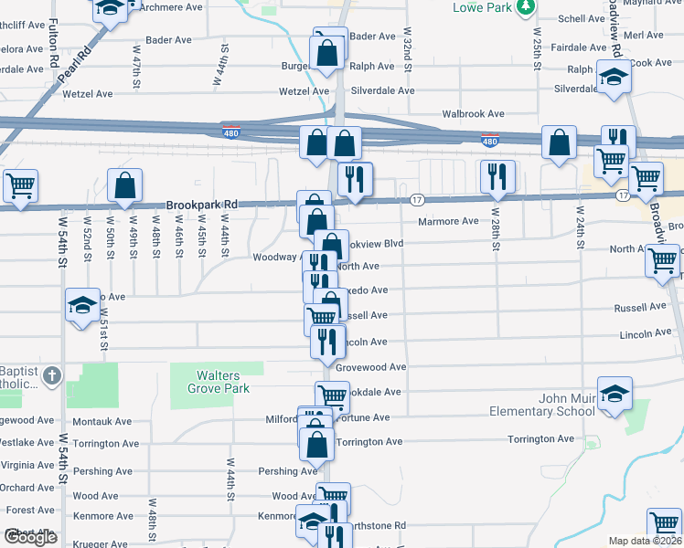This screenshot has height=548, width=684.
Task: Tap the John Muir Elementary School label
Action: (540, 405)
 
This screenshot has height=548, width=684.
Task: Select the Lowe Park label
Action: (483, 7)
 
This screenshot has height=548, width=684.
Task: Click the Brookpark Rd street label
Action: (201, 205)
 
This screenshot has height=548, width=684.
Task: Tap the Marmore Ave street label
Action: (448, 221)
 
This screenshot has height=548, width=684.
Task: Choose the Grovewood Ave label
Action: (370, 367)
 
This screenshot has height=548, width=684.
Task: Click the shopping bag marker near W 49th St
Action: (125, 185)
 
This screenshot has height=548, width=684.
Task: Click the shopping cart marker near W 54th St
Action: (19, 185)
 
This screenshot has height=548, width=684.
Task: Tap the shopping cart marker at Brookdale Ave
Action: (332, 396)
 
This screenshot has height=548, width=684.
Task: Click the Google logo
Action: (30, 538)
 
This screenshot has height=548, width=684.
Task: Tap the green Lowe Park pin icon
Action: (525, 8)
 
